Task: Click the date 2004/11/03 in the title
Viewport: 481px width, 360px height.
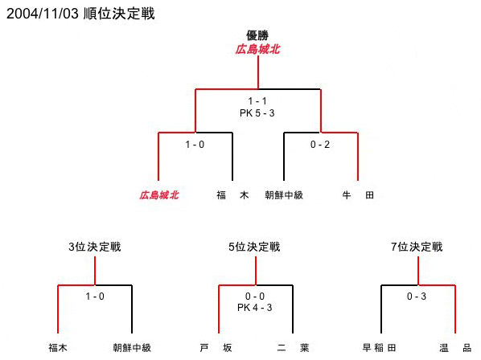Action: tap(43, 14)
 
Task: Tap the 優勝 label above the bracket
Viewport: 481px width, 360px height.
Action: tap(257, 35)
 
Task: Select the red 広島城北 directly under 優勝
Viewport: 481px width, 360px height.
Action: tap(257, 49)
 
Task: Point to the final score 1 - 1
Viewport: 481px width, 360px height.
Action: tap(257, 101)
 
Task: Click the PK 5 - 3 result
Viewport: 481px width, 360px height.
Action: tap(257, 113)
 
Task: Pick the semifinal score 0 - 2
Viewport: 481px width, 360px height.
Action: tap(320, 145)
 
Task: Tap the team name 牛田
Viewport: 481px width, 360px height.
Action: tap(358, 194)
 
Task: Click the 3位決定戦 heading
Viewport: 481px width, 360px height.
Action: tap(95, 247)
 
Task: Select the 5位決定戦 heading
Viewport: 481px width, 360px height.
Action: tap(254, 247)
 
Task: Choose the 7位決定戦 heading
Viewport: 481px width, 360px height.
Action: tap(417, 247)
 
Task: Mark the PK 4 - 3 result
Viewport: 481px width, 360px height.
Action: tap(255, 308)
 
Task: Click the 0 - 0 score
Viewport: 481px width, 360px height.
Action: tap(255, 297)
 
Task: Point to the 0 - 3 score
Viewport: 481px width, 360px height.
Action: tap(417, 297)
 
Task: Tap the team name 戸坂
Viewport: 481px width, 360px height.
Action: tap(216, 348)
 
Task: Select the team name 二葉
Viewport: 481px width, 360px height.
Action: tap(293, 348)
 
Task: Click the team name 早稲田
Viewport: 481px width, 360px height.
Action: tap(379, 348)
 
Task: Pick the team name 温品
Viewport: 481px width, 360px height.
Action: tap(455, 348)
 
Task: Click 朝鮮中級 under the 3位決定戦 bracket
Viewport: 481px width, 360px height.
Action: tap(132, 348)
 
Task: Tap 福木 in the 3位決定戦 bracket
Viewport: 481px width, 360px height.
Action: tap(58, 348)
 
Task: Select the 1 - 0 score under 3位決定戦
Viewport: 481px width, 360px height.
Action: tap(95, 297)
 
